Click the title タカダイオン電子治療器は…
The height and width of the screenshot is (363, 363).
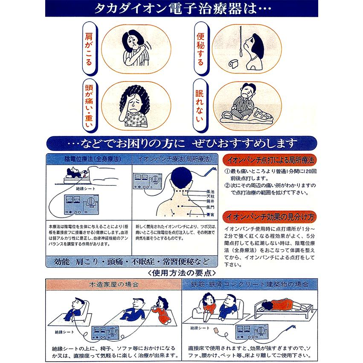pos(181,9)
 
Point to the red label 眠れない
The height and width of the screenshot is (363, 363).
pos(199,102)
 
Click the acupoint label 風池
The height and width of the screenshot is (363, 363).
pos(209,192)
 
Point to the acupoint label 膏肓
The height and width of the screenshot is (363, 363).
pos(209,214)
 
